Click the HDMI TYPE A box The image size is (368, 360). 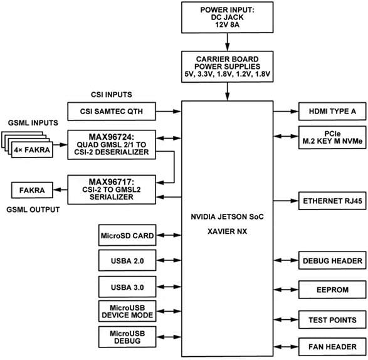[x=331, y=111]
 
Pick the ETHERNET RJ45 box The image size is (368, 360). [x=331, y=201]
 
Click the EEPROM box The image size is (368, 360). [x=331, y=290]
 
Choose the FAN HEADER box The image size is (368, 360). [x=331, y=347]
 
